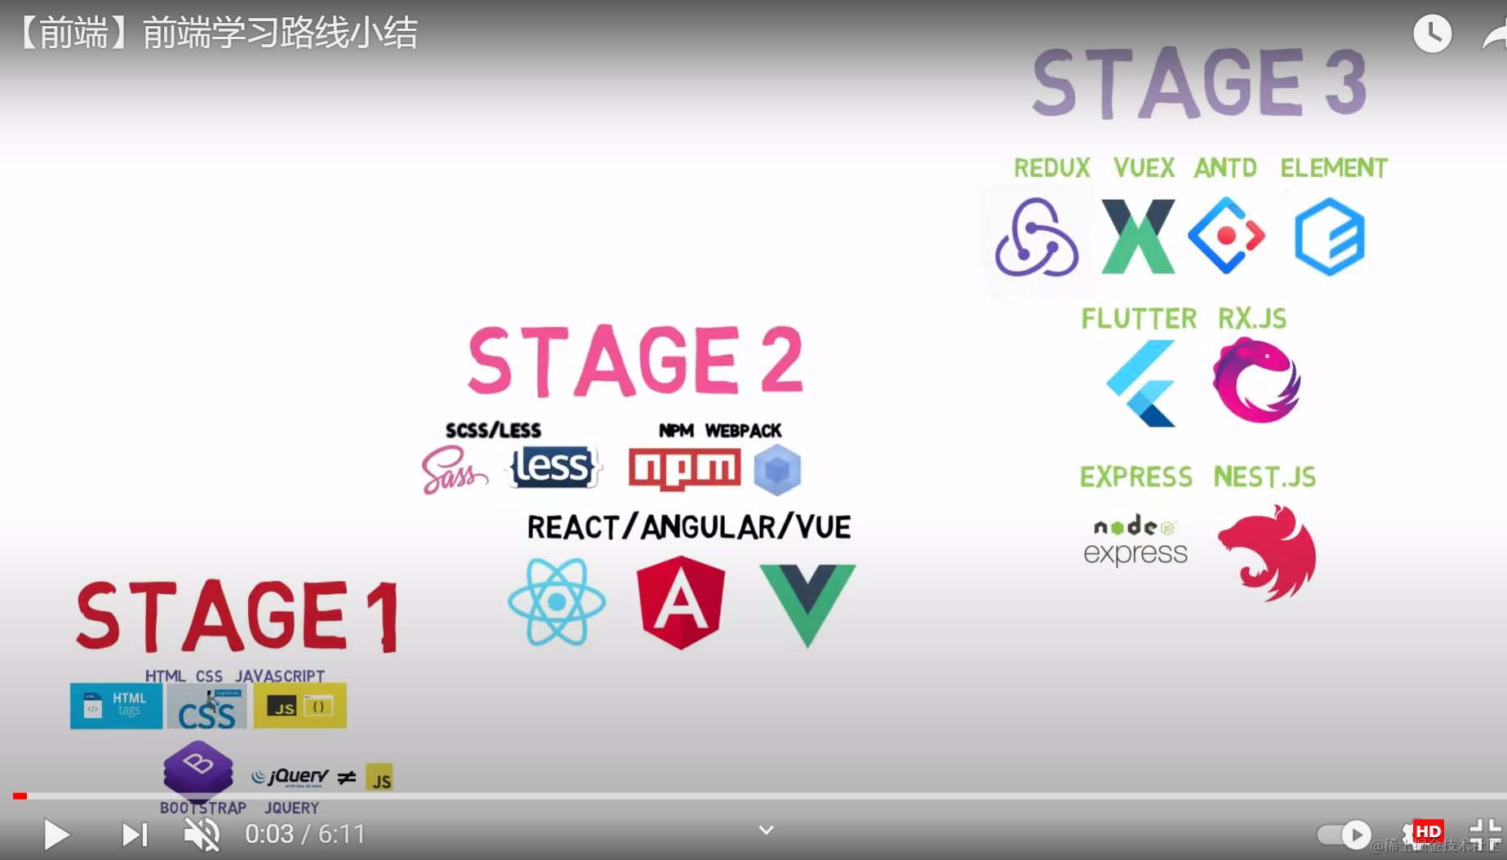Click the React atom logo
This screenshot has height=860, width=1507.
[557, 602]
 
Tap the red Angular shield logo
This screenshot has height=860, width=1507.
[681, 602]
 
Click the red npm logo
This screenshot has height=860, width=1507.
[684, 469]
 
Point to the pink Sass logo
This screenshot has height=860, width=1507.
[452, 470]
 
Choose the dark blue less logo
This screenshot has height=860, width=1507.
[554, 468]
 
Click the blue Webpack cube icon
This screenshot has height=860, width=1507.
[777, 470]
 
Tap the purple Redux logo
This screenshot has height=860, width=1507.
[1037, 237]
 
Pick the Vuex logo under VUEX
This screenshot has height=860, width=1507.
[1138, 237]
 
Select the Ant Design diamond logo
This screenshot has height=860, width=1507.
[1226, 236]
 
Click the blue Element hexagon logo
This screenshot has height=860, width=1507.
[1330, 237]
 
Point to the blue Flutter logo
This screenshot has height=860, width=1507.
[1142, 383]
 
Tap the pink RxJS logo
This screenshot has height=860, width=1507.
[1256, 381]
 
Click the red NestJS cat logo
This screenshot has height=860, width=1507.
[1268, 552]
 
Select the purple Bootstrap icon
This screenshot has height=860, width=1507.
[198, 769]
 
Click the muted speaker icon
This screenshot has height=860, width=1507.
[202, 834]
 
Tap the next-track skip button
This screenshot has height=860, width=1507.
[135, 834]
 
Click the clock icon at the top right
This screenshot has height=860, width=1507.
[1432, 33]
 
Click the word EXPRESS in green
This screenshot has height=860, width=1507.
[1136, 477]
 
